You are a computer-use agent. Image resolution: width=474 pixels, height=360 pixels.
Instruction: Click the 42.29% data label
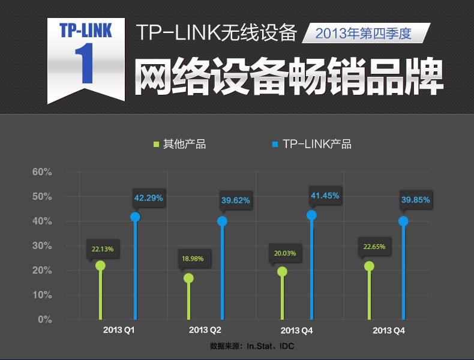[x=148, y=197]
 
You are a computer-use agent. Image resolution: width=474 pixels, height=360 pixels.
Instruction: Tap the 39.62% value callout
[x=235, y=200]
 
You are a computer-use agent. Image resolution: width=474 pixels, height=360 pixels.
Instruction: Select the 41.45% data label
[x=325, y=196]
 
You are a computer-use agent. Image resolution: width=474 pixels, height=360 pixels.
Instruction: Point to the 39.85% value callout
[x=415, y=200]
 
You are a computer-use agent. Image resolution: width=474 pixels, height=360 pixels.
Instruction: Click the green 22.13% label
[x=102, y=248]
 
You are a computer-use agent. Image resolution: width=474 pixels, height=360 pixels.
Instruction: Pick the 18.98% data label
[x=193, y=259]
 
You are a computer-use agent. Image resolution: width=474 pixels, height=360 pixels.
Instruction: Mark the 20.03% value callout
[x=285, y=253]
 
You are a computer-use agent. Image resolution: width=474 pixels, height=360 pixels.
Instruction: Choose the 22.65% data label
[x=374, y=247]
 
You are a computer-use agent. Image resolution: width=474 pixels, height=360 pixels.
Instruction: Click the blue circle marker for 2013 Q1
[x=135, y=217]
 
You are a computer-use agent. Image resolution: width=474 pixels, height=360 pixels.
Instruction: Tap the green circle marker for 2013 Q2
[x=188, y=278]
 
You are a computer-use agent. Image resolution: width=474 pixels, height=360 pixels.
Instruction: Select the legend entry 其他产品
[x=181, y=144]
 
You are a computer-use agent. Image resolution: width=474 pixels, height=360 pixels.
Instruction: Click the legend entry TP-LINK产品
[x=312, y=144]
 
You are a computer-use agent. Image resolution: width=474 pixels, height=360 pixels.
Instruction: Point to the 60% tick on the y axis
[x=42, y=172]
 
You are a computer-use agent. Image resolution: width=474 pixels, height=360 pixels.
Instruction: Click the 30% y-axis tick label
[x=42, y=246]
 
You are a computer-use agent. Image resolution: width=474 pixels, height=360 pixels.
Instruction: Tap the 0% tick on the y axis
[x=44, y=320]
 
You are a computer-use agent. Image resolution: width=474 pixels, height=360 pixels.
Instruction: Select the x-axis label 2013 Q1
[x=119, y=331]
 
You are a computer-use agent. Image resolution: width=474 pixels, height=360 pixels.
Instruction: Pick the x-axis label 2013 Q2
[x=205, y=331]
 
